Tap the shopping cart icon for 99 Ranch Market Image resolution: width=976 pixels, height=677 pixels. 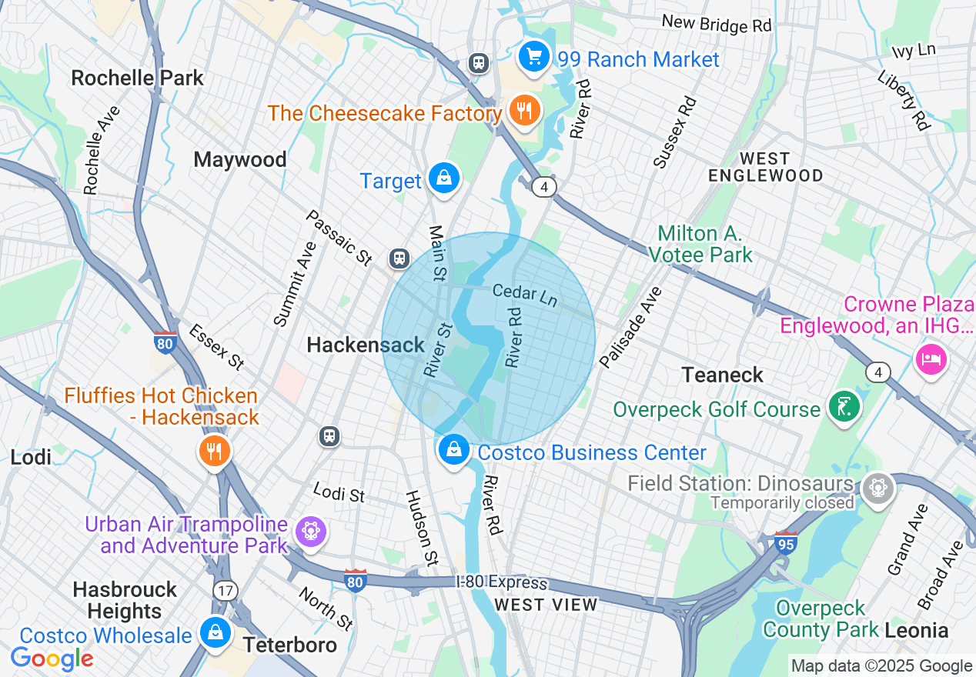[x=533, y=57]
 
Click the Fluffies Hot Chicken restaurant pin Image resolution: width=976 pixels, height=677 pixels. [x=214, y=450]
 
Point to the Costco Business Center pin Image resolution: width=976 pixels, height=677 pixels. [x=454, y=449]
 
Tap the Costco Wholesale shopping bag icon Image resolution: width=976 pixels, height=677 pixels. [x=215, y=632]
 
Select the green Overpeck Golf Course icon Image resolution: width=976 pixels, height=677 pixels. [x=844, y=405]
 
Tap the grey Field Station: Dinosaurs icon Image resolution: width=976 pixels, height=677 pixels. [x=876, y=487]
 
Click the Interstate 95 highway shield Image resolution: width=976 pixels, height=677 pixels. [x=786, y=542]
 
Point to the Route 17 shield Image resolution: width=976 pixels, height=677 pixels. [x=226, y=591]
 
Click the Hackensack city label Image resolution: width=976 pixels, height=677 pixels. [x=366, y=345]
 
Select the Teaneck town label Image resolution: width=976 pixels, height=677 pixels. [x=722, y=375]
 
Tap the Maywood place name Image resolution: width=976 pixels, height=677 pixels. [x=240, y=159]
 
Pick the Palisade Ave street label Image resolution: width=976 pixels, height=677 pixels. [x=630, y=328]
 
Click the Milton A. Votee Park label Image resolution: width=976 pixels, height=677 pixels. [x=700, y=243]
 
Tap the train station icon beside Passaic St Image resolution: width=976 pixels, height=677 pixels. [x=399, y=258]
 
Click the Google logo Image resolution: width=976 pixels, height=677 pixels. [x=52, y=659]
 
